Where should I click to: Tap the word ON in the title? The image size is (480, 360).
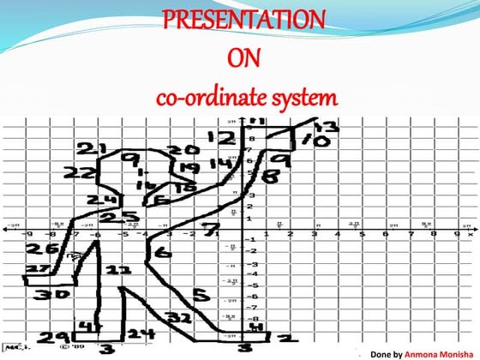click(243, 59)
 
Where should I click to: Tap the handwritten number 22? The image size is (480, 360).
click(81, 174)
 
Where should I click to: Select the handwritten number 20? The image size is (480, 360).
click(183, 151)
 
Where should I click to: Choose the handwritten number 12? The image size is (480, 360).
click(220, 138)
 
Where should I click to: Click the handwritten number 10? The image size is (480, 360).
click(316, 141)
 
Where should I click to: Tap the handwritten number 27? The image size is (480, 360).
click(33, 269)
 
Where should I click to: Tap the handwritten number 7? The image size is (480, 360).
click(213, 229)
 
